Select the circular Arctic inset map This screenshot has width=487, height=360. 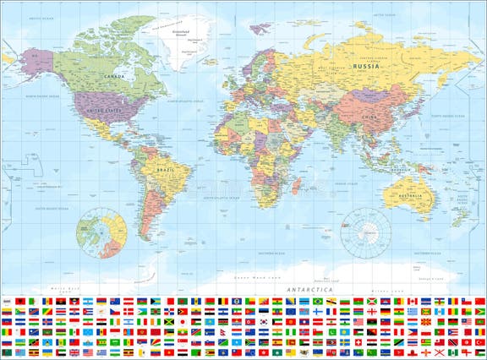point(101,234)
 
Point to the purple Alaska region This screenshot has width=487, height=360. point(38,63)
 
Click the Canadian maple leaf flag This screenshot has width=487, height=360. point(413,300)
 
